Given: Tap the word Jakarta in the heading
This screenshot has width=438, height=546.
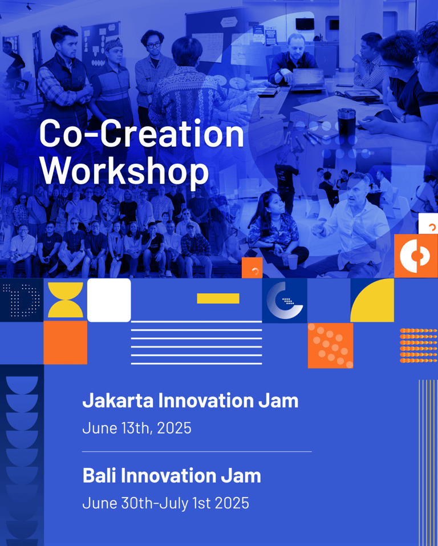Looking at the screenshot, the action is click(x=117, y=401).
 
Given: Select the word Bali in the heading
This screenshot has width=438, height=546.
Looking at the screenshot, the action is click(x=99, y=476).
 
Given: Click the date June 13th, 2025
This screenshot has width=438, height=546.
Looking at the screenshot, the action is click(x=137, y=428).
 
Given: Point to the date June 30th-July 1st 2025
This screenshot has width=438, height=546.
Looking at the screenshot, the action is click(x=166, y=503).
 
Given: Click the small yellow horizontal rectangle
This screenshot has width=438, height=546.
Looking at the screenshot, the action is click(x=218, y=298).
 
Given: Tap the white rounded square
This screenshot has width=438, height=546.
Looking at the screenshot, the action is click(x=109, y=300).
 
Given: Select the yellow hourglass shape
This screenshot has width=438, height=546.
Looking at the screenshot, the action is click(x=66, y=300).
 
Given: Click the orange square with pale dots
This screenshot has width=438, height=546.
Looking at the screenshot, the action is click(x=330, y=345).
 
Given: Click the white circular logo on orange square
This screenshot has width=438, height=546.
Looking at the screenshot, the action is click(x=416, y=256).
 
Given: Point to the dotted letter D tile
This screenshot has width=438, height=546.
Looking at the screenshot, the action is click(x=22, y=300).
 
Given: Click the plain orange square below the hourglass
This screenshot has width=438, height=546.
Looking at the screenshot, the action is click(x=66, y=343).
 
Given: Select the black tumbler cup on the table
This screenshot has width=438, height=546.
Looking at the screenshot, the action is click(x=346, y=122).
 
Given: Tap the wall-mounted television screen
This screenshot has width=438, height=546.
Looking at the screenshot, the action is click(x=305, y=24).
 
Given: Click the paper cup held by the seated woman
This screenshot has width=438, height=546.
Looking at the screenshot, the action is click(x=293, y=262).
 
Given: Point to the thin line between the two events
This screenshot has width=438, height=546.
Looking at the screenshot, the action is click(x=197, y=452).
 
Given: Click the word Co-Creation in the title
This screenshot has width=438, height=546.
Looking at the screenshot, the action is click(x=141, y=134).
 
